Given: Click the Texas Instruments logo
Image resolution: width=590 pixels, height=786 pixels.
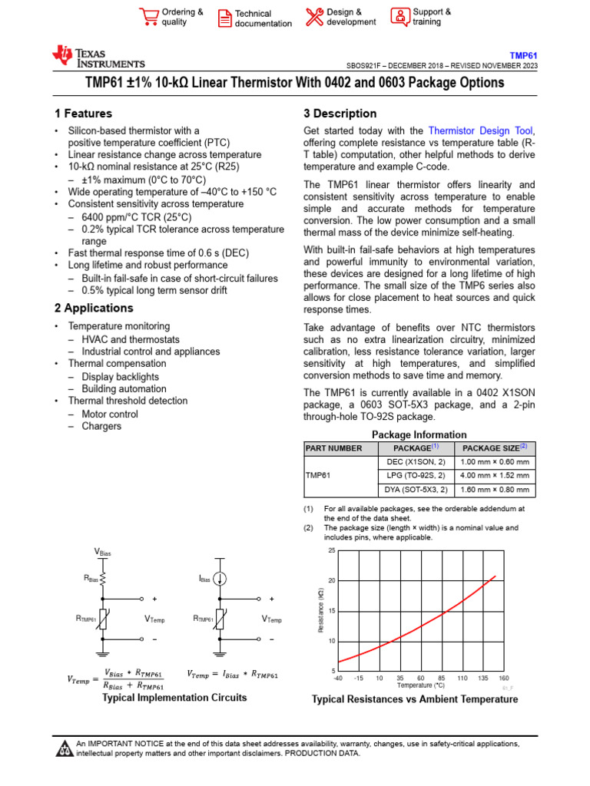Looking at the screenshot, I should point(98,57).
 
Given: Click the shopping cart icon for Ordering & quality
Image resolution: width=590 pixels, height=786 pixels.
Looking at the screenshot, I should point(149,17).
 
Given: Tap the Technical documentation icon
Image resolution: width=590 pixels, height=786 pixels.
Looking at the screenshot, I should point(224,18).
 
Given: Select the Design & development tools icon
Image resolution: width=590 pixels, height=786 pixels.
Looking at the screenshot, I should point(314,17).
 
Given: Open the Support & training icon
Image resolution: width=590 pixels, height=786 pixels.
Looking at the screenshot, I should point(399,16).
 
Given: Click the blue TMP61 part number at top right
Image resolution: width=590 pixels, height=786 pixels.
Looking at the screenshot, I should point(524,55).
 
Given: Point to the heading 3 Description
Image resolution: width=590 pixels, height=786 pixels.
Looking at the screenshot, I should point(340,114).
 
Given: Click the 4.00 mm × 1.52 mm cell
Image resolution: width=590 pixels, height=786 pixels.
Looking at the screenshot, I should point(495,476).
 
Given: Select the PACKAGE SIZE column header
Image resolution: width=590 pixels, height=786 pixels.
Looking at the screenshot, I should point(495,447).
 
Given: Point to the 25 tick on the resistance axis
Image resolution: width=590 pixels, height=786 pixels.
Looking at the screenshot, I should point(332,551).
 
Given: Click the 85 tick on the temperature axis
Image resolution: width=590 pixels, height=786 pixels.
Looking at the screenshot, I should point(442,678).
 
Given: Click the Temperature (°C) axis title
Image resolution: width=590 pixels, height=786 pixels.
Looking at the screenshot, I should point(420,685).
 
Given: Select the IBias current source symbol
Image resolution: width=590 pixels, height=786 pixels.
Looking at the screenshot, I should point(220,578).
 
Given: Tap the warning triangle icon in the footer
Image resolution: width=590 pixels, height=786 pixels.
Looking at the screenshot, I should point(65,748).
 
